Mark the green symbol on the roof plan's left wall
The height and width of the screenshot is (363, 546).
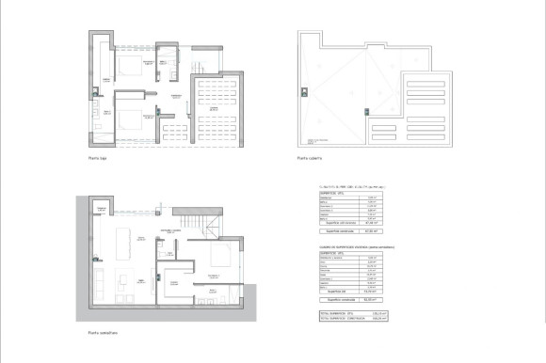tap(303, 91)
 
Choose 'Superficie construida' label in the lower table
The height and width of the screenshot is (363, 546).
tap(340, 300)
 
